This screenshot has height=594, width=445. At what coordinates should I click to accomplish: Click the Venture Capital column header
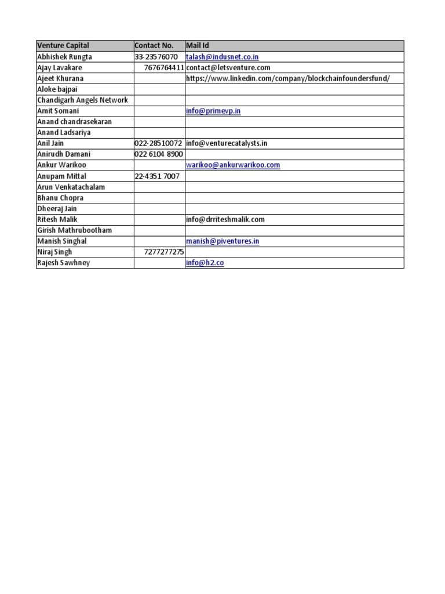tap(63, 46)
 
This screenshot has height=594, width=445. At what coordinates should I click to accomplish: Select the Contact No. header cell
tap(154, 46)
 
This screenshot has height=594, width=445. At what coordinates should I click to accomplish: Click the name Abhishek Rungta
tap(64, 57)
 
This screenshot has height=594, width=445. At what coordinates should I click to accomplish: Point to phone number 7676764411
tap(164, 68)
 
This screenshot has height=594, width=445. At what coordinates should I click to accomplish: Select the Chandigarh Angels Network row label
tap(82, 100)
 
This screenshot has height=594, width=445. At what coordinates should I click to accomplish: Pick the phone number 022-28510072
tap(158, 143)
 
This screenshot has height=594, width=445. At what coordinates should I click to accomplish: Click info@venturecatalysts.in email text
tap(227, 143)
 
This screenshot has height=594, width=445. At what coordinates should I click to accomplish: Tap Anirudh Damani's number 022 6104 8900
tap(158, 154)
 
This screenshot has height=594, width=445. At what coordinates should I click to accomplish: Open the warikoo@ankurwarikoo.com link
tap(233, 165)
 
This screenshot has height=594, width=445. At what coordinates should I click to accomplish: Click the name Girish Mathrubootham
tap(74, 230)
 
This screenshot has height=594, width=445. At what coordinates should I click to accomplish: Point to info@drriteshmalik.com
tap(225, 219)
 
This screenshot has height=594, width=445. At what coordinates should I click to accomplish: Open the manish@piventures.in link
tap(222, 241)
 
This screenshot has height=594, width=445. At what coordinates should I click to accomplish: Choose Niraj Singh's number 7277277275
tap(164, 252)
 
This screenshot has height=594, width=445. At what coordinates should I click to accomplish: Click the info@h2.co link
tap(205, 263)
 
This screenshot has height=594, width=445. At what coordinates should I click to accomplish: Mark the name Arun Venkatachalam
tap(71, 187)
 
